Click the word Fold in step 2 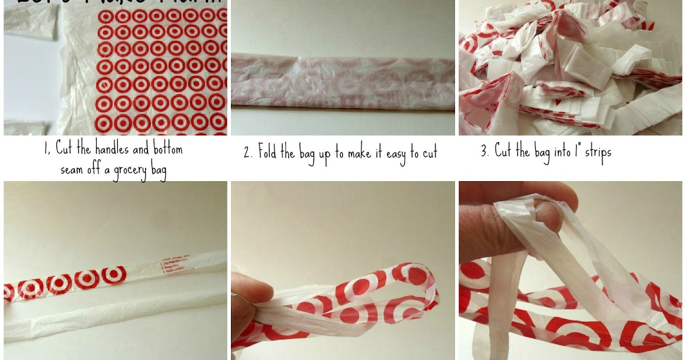[269, 153]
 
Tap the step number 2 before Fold [247, 153]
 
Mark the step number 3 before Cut [484, 153]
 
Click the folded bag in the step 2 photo [343, 81]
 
